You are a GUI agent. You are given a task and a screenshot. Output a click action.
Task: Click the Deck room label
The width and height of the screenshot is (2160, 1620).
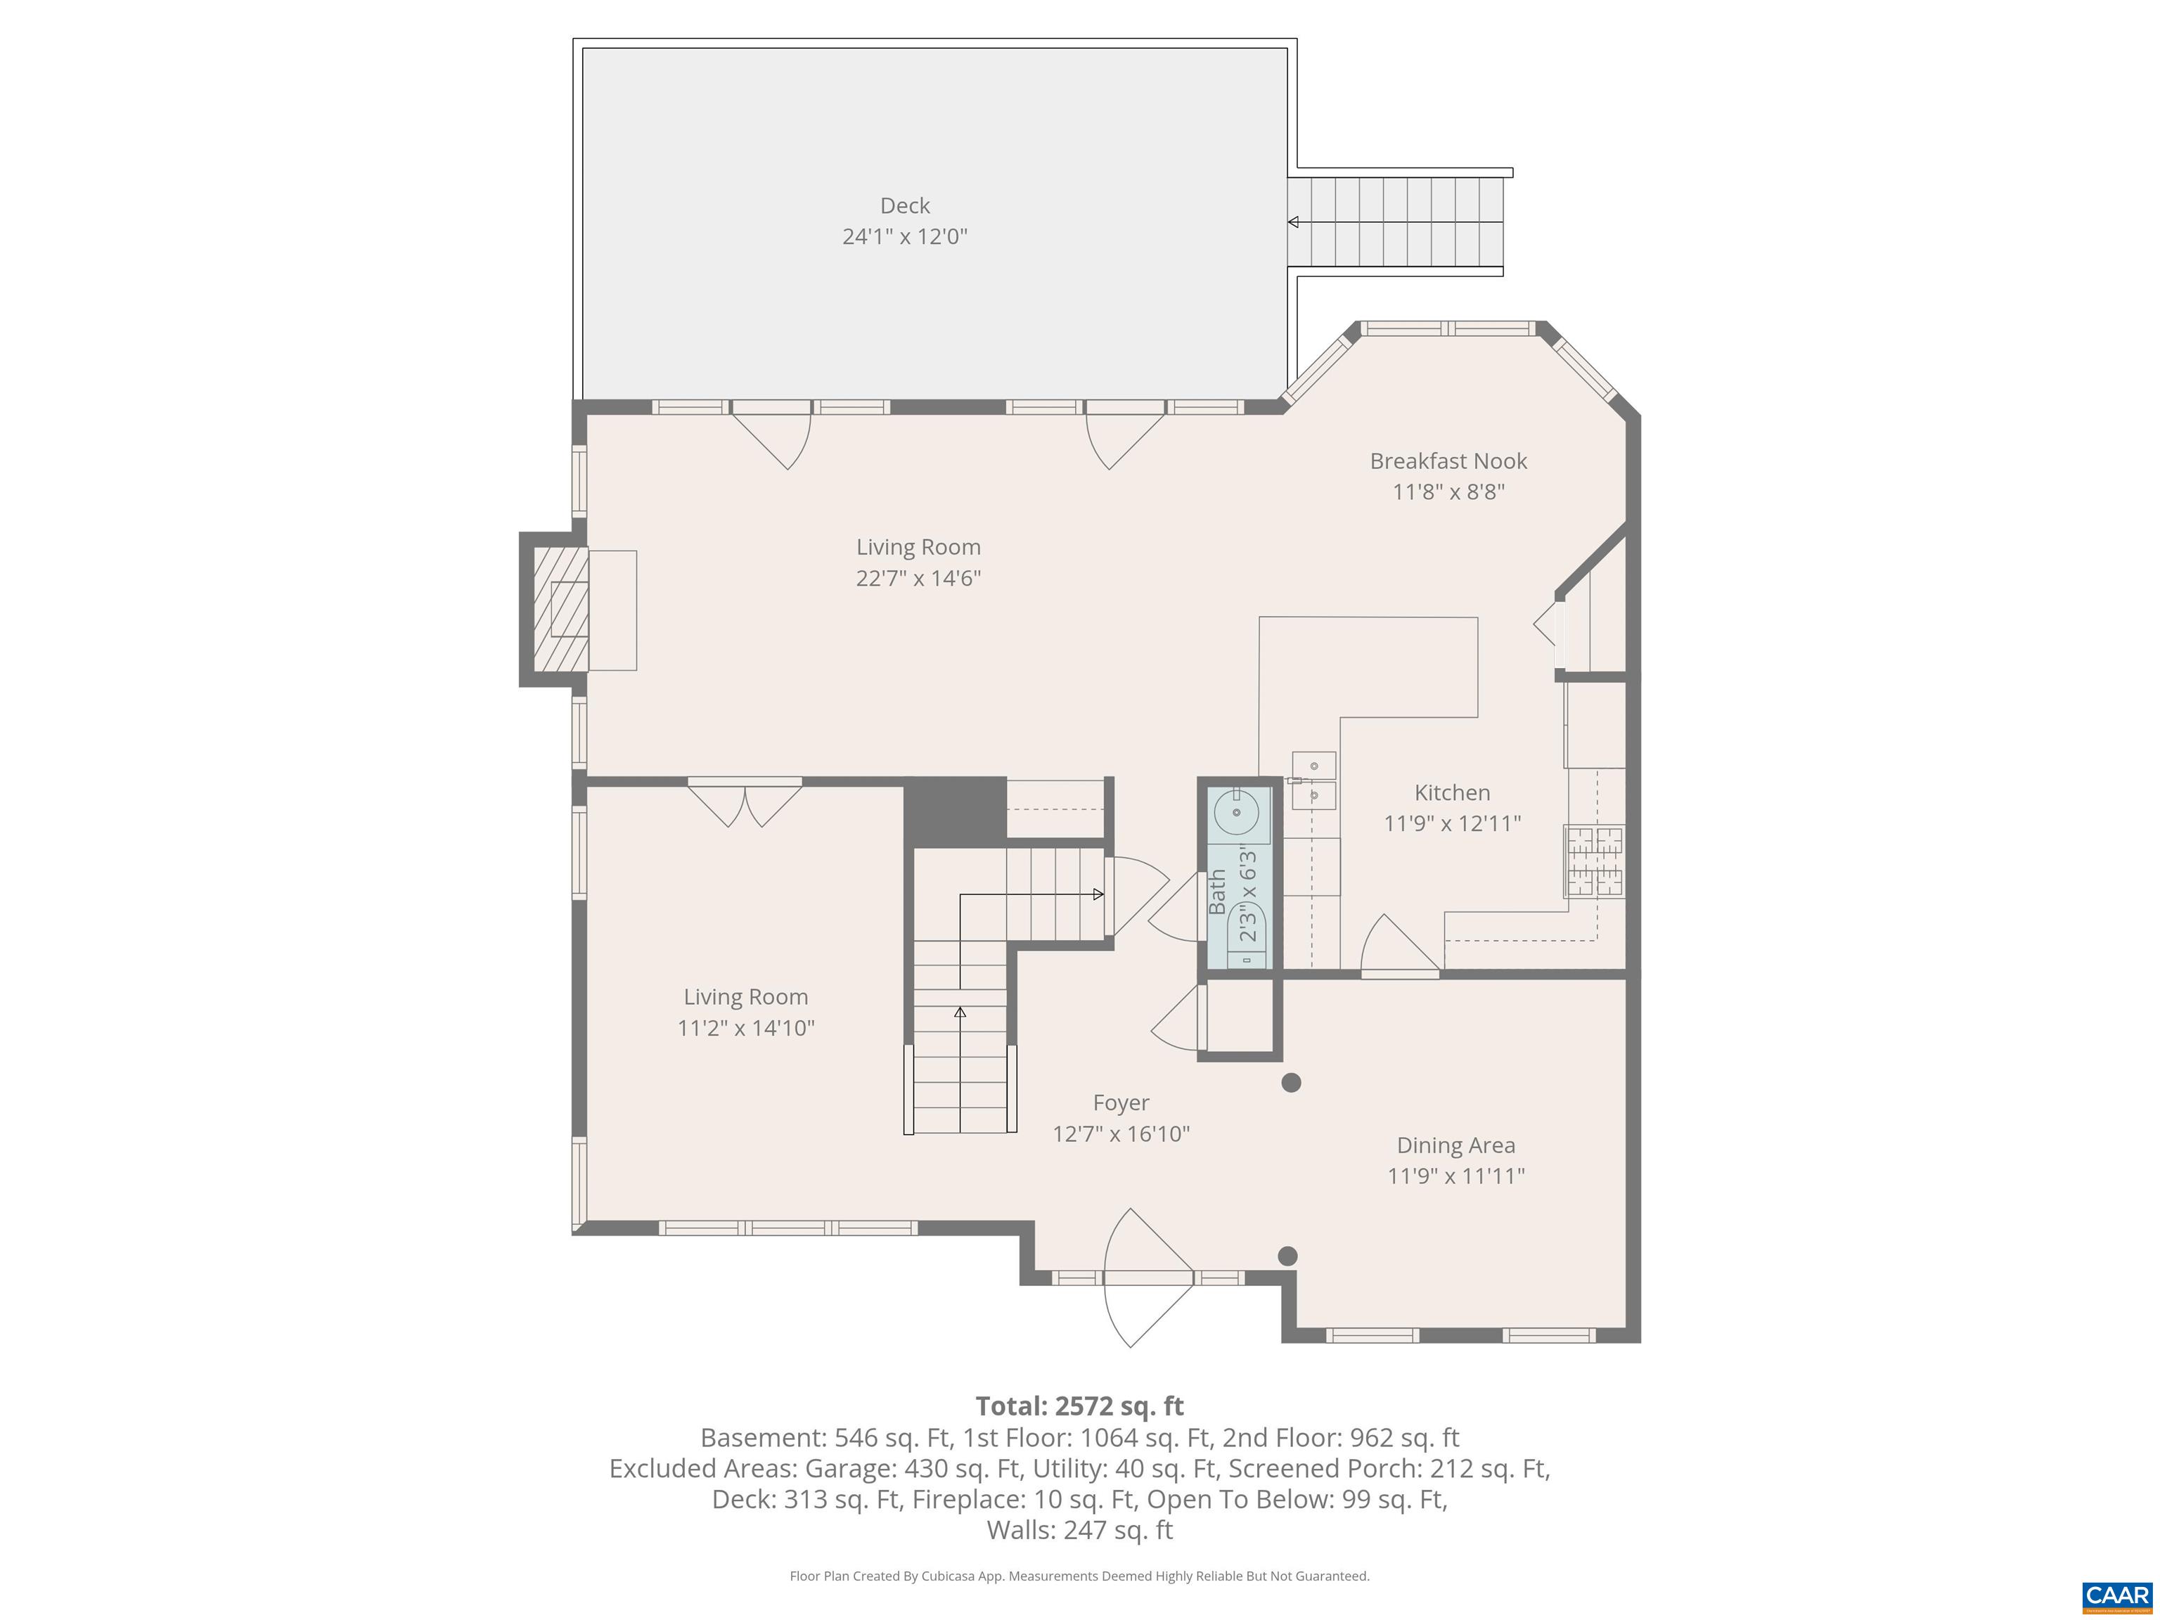(904, 206)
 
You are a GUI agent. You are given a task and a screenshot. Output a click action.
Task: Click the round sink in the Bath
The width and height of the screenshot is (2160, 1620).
(1237, 812)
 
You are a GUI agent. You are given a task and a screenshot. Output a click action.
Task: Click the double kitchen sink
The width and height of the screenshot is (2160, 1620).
(1313, 780)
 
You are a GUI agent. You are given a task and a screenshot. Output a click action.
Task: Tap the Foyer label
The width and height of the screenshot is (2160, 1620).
(1120, 1102)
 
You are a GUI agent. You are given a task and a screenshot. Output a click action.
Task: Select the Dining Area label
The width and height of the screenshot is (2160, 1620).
(1455, 1145)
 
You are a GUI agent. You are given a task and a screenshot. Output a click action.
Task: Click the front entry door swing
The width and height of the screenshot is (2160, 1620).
(1147, 1278)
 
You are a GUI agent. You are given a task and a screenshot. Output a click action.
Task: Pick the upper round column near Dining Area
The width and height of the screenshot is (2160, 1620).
(1291, 1082)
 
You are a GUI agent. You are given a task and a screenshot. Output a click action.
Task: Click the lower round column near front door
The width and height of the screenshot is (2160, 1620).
(1287, 1256)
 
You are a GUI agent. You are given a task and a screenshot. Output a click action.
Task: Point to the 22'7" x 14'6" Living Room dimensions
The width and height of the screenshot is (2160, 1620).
(918, 578)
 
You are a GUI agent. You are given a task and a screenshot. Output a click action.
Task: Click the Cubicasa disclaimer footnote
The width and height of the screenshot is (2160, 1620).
(1079, 1576)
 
